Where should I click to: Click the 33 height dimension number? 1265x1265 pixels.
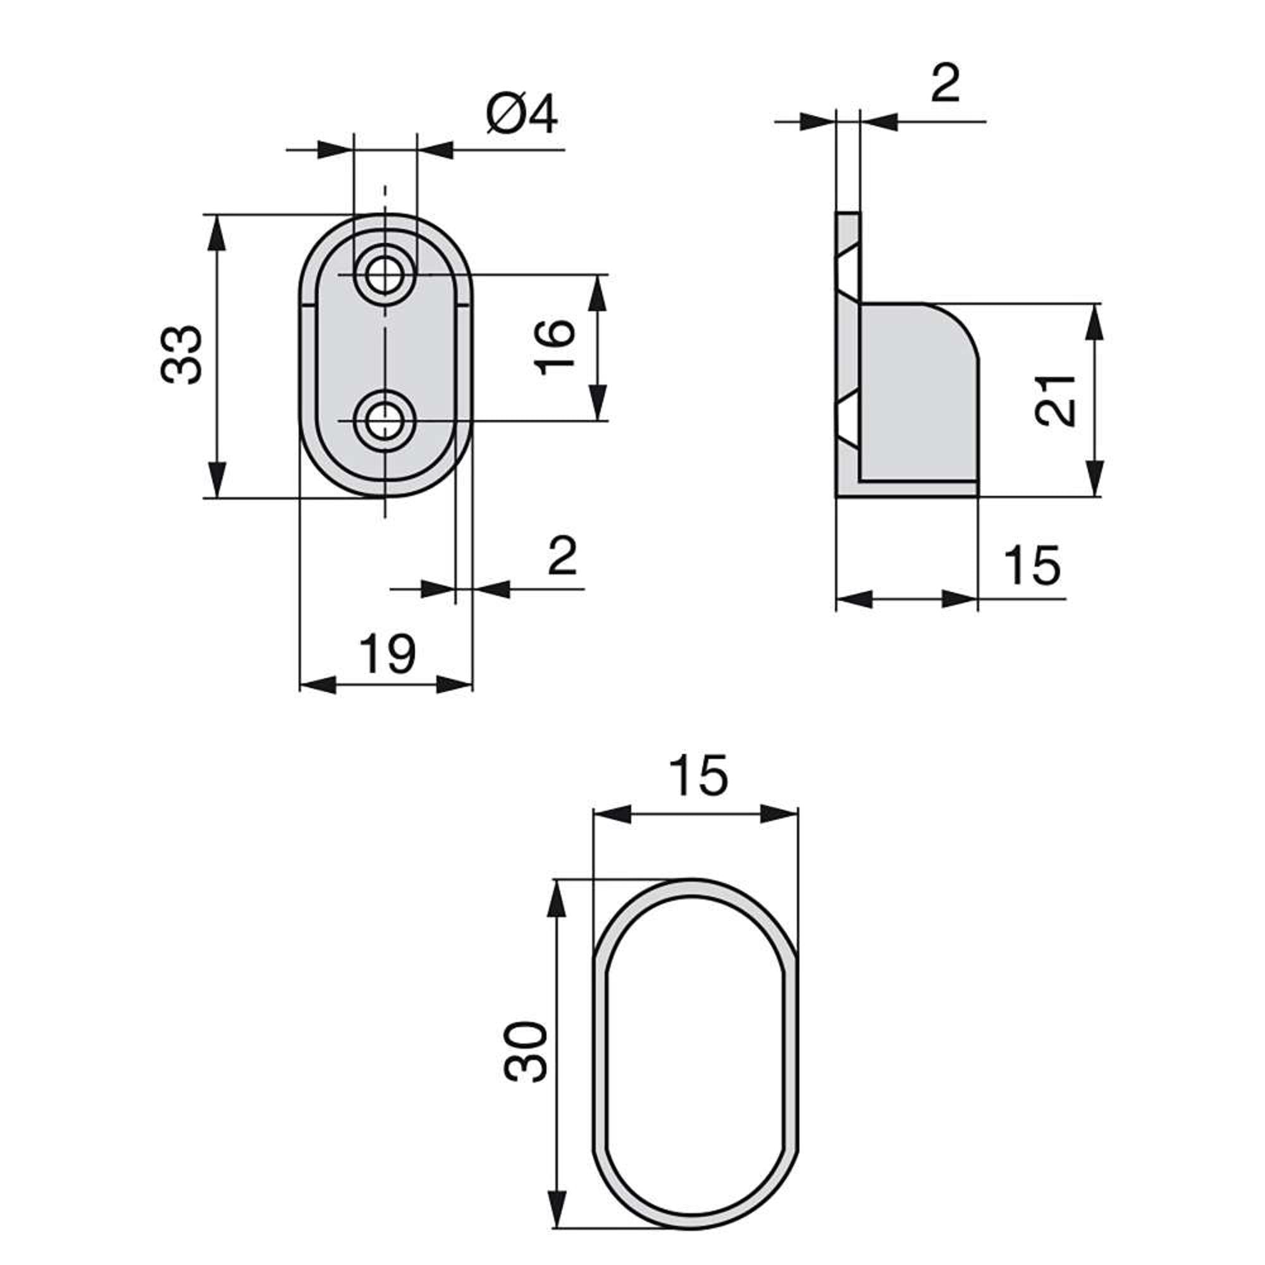tap(182, 354)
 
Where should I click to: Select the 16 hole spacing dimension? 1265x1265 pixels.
tap(555, 347)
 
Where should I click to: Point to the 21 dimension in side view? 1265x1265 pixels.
tap(1054, 401)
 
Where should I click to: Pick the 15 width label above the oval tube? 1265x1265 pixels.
tap(698, 776)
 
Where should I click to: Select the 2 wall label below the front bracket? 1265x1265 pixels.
tap(562, 556)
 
